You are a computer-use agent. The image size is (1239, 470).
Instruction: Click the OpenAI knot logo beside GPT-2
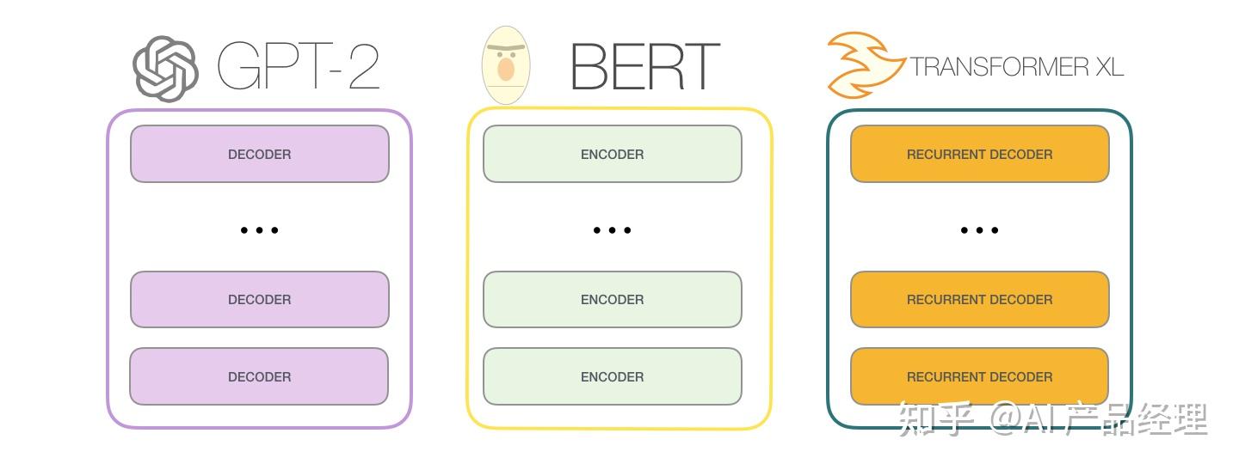click(166, 69)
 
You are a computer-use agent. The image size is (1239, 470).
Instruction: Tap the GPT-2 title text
click(298, 67)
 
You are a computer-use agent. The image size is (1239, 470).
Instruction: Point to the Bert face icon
click(506, 66)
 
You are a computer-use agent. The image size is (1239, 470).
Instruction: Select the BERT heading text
click(644, 67)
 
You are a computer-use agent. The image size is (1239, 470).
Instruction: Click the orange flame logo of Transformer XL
click(863, 64)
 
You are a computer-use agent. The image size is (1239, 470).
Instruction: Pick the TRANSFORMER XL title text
click(1017, 67)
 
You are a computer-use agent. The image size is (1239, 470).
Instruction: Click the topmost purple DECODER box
click(259, 154)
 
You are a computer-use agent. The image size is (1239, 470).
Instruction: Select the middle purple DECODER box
click(259, 299)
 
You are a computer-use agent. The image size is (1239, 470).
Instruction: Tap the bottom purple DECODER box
click(259, 376)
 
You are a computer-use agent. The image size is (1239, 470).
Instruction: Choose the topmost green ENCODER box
click(612, 154)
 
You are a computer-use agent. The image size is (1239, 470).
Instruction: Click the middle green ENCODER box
click(612, 299)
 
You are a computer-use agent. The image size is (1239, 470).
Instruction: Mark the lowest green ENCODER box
click(612, 376)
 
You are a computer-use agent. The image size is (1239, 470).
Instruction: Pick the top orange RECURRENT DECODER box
click(979, 154)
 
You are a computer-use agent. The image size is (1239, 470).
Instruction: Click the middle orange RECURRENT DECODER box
click(979, 299)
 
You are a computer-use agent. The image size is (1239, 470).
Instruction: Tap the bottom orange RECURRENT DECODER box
click(979, 376)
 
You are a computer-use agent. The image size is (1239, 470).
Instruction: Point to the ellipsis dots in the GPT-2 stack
click(259, 230)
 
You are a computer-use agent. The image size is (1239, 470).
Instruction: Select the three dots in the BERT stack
click(612, 230)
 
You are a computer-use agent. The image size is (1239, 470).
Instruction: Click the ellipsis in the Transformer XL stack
click(979, 230)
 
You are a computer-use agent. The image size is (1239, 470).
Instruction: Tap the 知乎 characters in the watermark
click(936, 418)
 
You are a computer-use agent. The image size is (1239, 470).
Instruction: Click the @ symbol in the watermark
click(1007, 419)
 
